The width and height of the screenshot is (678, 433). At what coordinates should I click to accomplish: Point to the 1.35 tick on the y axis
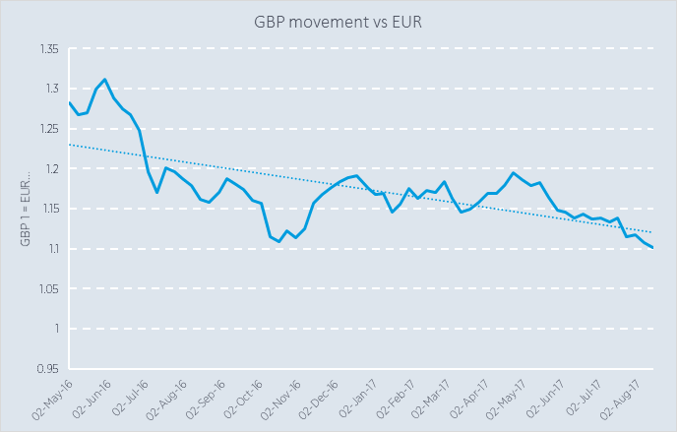click(x=47, y=49)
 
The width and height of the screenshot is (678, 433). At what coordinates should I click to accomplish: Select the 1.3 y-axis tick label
click(x=50, y=89)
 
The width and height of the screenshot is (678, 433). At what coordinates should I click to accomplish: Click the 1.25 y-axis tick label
click(x=47, y=129)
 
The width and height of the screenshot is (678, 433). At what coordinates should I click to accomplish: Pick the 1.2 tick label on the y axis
click(x=50, y=169)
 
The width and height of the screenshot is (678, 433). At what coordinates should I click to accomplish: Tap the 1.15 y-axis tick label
click(x=47, y=209)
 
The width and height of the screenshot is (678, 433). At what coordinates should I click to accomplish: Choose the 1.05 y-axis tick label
click(x=47, y=288)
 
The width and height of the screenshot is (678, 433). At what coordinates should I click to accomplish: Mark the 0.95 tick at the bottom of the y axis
click(x=47, y=369)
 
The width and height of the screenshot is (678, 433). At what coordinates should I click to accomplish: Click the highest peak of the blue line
click(x=104, y=79)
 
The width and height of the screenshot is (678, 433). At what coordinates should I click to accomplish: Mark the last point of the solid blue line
click(x=651, y=247)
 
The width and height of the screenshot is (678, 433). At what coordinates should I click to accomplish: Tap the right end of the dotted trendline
click(x=651, y=232)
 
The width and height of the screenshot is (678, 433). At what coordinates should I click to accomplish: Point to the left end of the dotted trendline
click(x=70, y=145)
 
